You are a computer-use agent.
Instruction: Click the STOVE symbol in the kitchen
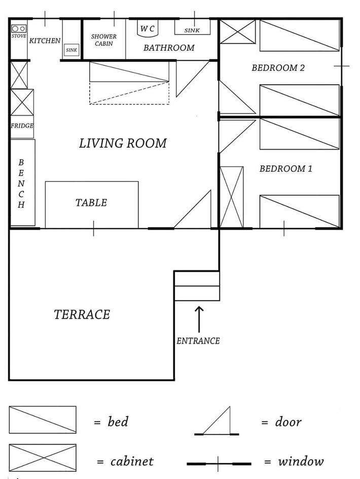pos(19,30)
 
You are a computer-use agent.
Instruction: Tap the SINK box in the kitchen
pos(71,50)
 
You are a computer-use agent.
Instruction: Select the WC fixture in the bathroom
pos(148,29)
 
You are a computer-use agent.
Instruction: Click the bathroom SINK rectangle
pos(192,27)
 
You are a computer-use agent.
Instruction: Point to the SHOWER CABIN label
pos(104,40)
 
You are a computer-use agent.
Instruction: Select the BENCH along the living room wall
pos(22,183)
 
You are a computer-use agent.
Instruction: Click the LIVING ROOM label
pos(123,143)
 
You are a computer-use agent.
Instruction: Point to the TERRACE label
pos(82,315)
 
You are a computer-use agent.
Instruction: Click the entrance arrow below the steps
pos(198,318)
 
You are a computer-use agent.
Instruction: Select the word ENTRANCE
pos(198,341)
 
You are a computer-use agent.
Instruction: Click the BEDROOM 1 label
pos(285,169)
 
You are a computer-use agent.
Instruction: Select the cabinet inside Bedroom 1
pos(231,197)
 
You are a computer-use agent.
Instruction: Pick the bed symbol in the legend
pos(43,420)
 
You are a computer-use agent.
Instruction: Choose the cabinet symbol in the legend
pos(43,458)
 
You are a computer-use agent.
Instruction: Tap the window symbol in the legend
pos(219,463)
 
